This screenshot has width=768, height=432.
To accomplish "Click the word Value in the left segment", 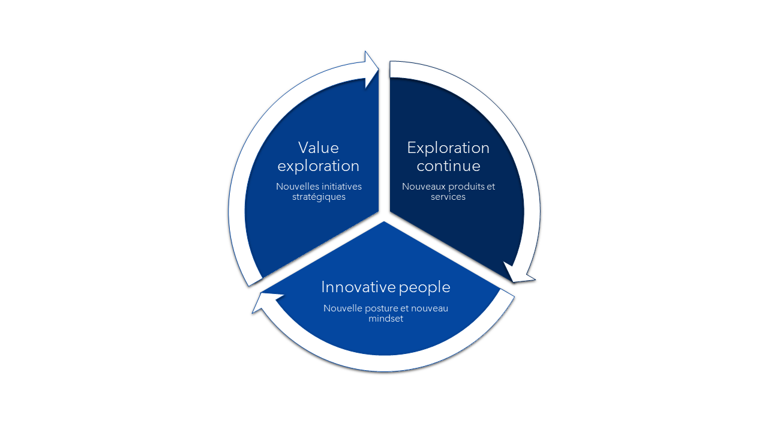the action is [319, 148].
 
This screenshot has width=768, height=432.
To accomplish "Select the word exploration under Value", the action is [319, 167].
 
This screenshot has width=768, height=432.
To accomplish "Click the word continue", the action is [448, 166].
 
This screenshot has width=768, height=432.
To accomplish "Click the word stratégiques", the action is [319, 197].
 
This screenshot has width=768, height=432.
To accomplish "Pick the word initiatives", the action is [340, 187].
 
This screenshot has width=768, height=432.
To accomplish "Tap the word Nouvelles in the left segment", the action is [296, 187].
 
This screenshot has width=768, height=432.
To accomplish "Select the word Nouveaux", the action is [424, 187].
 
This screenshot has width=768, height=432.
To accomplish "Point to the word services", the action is [448, 197].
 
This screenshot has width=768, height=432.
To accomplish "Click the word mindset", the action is [386, 319].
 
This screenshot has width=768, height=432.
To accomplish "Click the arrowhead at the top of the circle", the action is [371, 69].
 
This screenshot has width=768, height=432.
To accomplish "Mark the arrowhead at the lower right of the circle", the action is [518, 273].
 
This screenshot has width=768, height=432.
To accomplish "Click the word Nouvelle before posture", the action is [342, 308].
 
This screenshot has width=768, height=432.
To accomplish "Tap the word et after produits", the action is [491, 187].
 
